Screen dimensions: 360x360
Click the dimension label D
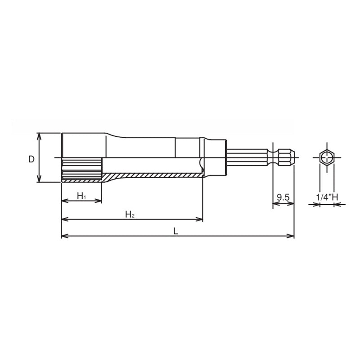pyautogui.click(x=31, y=159)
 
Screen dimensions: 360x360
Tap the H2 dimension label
pyautogui.click(x=130, y=214)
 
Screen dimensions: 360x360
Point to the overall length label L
pyautogui.click(x=176, y=231)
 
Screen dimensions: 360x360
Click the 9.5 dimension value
pyautogui.click(x=283, y=198)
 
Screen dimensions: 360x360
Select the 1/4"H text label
pyautogui.click(x=326, y=198)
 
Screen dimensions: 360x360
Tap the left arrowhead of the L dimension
pyautogui.click(x=64, y=236)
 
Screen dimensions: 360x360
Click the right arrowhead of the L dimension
pyautogui.click(x=291, y=236)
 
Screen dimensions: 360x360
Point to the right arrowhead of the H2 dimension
pyautogui.click(x=200, y=220)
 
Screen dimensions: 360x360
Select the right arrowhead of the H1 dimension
pyautogui.click(x=99, y=201)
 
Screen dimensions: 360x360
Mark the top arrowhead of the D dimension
pyautogui.click(x=39, y=135)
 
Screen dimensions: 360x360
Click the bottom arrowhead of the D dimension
pyautogui.click(x=39, y=180)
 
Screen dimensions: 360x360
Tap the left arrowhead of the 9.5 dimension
pyautogui.click(x=276, y=204)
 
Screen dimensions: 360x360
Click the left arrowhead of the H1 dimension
pyautogui.click(x=64, y=201)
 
